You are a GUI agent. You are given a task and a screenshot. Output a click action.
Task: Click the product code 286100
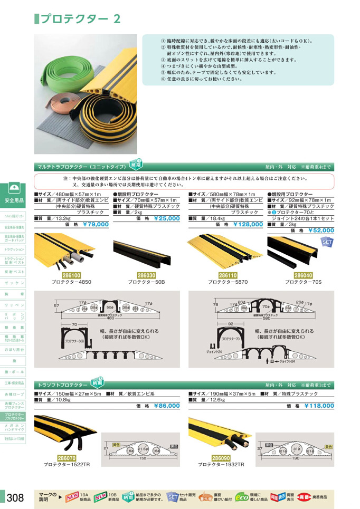tap(71, 275)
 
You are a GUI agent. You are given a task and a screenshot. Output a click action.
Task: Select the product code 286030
tap(146, 275)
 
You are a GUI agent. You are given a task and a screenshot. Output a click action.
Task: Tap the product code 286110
tap(227, 275)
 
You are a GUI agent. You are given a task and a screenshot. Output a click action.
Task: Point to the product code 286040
tap(302, 275)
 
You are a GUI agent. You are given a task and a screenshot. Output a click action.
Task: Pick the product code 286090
tap(221, 458)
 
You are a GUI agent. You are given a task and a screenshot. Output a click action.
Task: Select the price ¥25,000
tap(167, 218)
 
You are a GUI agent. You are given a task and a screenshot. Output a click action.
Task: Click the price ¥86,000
tap(167, 406)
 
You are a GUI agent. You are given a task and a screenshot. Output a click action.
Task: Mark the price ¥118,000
tap(319, 406)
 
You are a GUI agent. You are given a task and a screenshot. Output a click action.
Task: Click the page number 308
tap(15, 497)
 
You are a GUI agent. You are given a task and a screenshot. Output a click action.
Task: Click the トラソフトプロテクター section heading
tap(62, 386)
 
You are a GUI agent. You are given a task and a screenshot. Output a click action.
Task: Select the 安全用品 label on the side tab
tap(14, 200)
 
